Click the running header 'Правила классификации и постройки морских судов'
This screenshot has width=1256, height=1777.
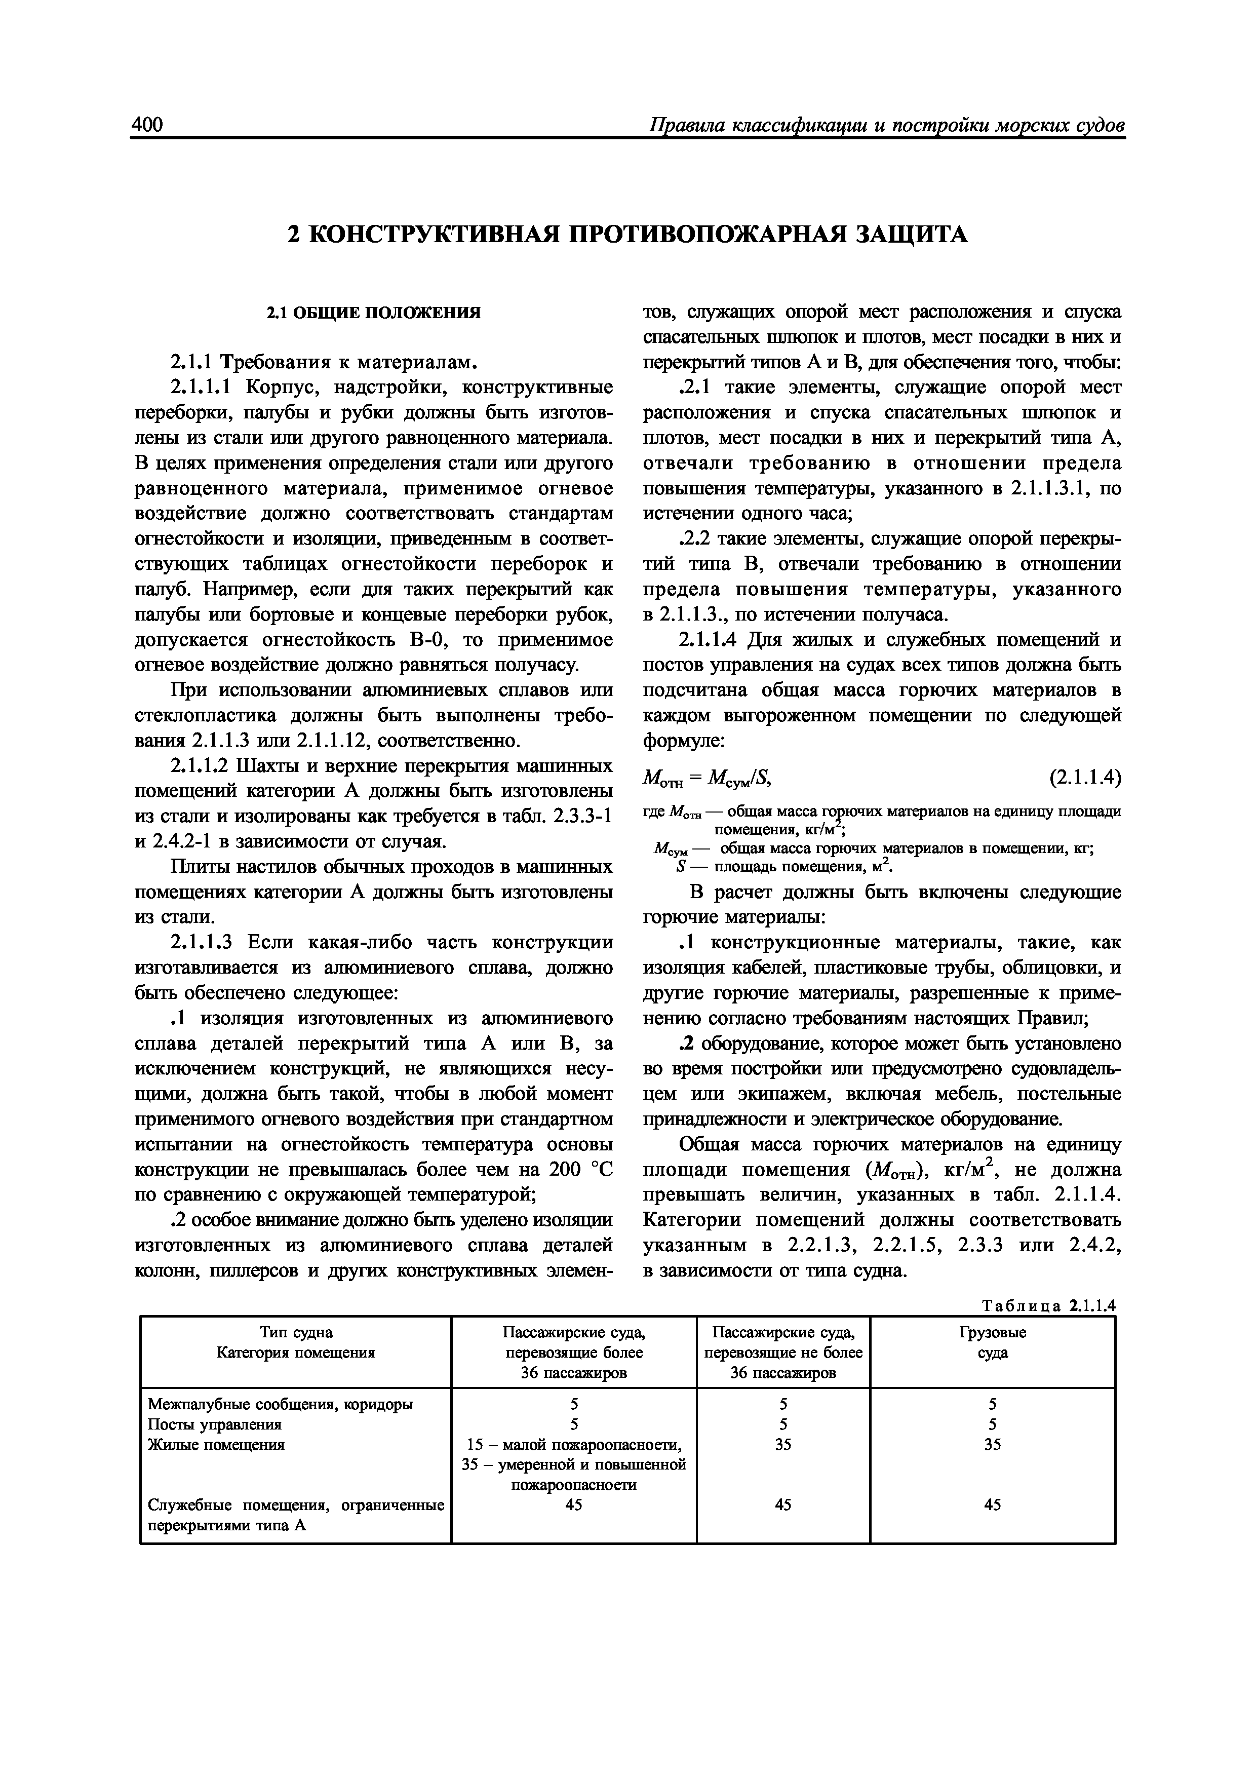pos(886,126)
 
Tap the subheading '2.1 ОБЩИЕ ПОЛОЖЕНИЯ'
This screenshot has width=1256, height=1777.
pos(374,313)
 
